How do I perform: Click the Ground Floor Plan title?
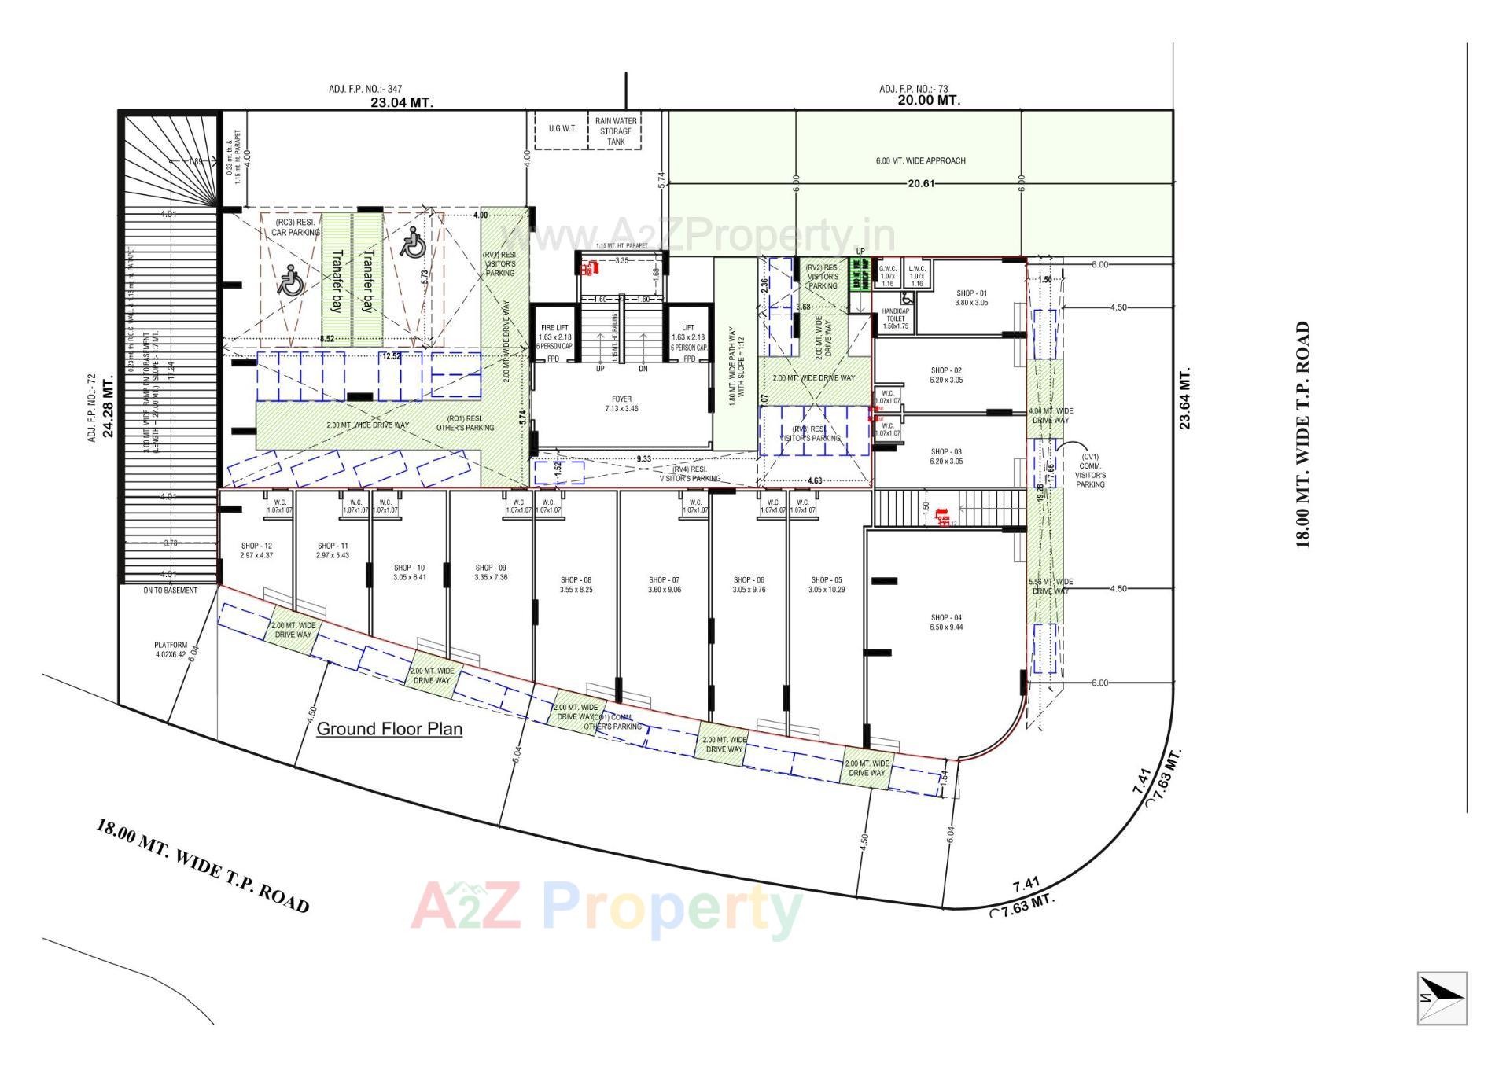[389, 729]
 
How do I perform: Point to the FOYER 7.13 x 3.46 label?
[621, 404]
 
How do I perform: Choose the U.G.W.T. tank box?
[562, 129]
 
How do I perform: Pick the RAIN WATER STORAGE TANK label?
[616, 131]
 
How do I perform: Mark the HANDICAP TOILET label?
[895, 318]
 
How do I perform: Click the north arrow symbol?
[1442, 998]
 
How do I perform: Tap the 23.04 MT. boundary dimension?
[402, 102]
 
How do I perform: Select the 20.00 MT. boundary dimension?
[929, 101]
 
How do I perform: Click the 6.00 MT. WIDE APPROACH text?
[920, 161]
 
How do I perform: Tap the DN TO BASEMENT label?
[171, 591]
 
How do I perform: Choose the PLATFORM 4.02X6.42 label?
[170, 649]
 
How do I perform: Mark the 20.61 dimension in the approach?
[920, 184]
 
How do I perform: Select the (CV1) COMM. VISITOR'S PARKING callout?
[1090, 470]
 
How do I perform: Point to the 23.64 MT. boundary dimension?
[1185, 398]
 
